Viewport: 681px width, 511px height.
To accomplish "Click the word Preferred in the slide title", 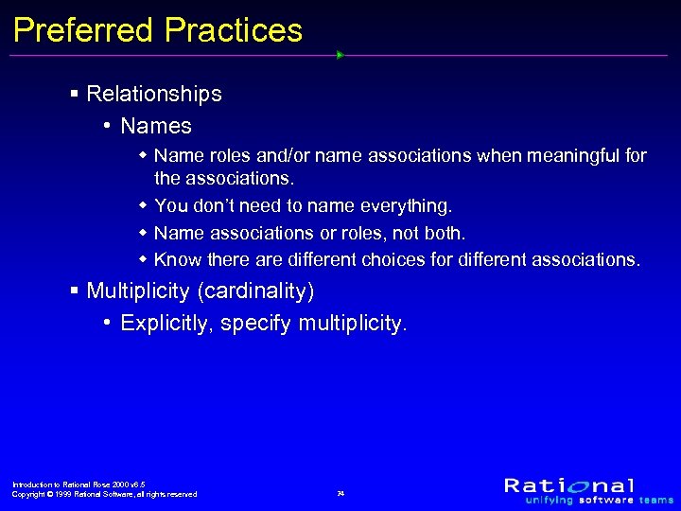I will (x=83, y=30).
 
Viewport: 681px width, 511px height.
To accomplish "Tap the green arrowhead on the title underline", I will (x=340, y=55).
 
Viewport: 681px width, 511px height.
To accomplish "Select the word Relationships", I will (x=153, y=95).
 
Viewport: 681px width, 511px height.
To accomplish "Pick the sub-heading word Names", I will (x=156, y=126).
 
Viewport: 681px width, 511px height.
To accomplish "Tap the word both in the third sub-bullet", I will (x=444, y=232).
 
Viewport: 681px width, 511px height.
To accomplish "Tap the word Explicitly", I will (x=168, y=324).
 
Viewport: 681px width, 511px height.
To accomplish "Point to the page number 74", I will (x=340, y=494).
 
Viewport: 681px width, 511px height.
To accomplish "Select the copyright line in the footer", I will (x=104, y=494).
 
